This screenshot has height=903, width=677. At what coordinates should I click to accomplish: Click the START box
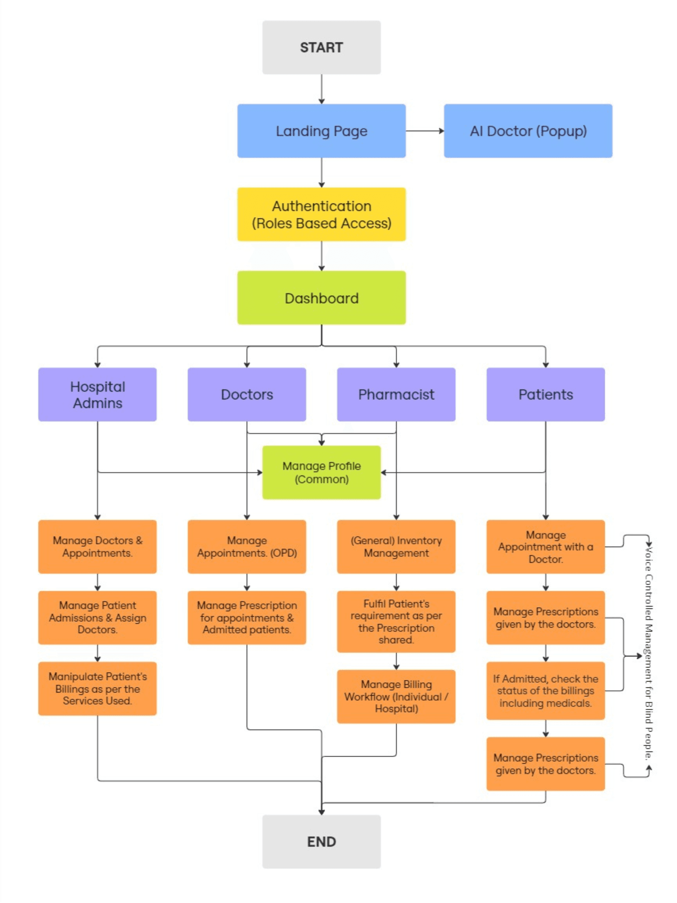tap(321, 47)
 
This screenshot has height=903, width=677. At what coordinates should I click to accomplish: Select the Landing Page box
tap(321, 131)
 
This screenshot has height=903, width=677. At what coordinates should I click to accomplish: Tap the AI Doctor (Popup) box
tap(528, 131)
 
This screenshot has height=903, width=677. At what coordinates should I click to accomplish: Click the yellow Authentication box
tap(321, 214)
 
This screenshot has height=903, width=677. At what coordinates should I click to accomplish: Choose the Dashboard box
tap(321, 298)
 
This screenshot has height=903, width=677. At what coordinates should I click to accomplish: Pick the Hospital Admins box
tap(97, 394)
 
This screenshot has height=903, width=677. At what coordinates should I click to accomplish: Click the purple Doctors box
tap(247, 394)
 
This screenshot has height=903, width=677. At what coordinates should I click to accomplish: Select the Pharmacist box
tap(396, 394)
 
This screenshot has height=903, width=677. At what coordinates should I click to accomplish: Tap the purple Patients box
tap(546, 394)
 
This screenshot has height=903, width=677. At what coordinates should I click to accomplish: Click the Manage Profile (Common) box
tap(321, 472)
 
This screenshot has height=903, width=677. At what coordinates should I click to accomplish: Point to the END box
tap(321, 841)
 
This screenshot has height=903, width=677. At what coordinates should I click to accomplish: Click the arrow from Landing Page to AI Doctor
tap(425, 131)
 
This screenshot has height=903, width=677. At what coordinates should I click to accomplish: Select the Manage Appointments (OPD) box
tap(247, 547)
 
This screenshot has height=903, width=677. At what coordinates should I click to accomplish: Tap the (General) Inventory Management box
tap(396, 547)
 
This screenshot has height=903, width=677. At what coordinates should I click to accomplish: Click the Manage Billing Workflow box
tap(396, 696)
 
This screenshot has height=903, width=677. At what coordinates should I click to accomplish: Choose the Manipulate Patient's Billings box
tap(97, 688)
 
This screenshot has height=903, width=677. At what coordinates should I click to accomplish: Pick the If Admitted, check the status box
tap(546, 691)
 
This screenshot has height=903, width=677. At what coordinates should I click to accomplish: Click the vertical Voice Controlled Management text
tap(648, 653)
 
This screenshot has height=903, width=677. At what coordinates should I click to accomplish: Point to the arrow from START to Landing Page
tap(321, 89)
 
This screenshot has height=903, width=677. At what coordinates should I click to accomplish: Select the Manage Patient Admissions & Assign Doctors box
tap(97, 617)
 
